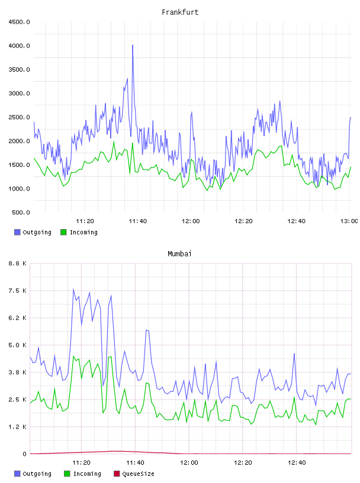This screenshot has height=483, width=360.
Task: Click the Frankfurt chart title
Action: (180, 12)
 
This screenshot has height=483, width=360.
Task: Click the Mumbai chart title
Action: (179, 254)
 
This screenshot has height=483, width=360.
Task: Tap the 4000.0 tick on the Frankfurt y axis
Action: (19, 46)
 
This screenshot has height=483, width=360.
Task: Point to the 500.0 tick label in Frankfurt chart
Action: (21, 212)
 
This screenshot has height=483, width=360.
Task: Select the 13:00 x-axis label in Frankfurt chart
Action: (349, 221)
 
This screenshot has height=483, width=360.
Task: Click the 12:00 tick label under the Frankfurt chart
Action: (191, 221)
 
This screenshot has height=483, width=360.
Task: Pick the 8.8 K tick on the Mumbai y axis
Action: (17, 263)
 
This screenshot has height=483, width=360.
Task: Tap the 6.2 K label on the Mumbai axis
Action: (17, 318)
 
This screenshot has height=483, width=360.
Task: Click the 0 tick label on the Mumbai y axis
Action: (24, 454)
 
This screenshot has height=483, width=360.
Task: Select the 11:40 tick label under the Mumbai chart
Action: (135, 463)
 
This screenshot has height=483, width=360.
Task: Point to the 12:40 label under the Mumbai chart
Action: (297, 463)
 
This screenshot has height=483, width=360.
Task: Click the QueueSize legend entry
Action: (134, 474)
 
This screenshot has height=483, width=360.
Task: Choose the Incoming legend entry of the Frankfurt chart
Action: (79, 232)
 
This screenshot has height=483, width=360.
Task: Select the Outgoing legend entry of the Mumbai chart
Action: (33, 474)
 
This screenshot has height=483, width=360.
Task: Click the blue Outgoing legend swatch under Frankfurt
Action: (17, 232)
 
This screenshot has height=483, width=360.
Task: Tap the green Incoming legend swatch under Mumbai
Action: (67, 474)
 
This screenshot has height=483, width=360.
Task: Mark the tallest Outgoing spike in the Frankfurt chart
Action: (133, 45)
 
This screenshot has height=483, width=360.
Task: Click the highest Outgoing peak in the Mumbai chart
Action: (73, 289)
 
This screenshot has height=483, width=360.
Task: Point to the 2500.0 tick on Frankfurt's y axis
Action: (19, 117)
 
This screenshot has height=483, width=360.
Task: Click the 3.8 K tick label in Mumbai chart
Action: (17, 372)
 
